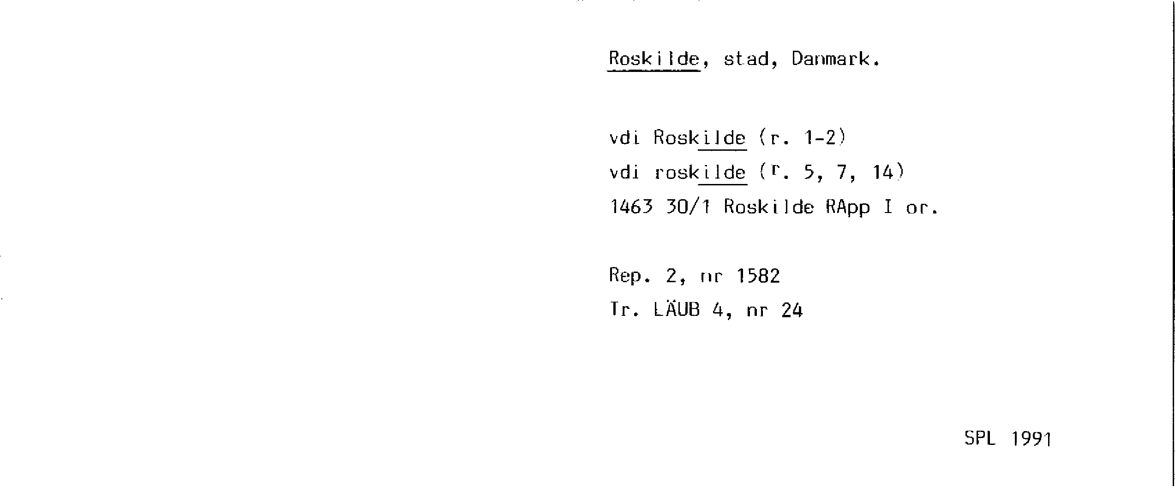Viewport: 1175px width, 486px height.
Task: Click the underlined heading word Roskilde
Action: pos(653,59)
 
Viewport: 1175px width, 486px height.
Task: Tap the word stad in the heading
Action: pos(747,59)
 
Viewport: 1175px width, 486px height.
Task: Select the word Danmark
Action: pos(835,59)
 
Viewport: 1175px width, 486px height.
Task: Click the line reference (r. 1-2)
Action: pos(802,137)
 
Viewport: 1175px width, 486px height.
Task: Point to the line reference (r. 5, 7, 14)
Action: pos(831,172)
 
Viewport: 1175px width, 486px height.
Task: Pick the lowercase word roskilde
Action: pos(700,172)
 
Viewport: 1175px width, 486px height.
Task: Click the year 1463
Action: pos(631,207)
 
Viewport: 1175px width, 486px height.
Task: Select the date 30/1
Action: pos(688,207)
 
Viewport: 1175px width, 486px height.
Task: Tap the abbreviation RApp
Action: pos(847,207)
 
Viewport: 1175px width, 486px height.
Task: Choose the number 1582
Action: pos(758,276)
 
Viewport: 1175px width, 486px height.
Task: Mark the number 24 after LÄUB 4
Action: pos(792,310)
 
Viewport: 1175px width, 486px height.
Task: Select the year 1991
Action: pos(1031,439)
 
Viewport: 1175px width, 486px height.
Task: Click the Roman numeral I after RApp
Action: pos(888,207)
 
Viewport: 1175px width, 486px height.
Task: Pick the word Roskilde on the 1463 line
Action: pos(768,207)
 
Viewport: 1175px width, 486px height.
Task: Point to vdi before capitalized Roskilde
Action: pos(624,137)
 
